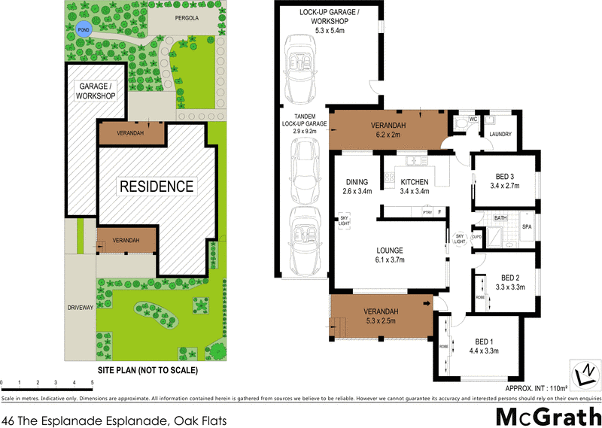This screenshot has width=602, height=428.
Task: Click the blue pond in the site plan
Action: point(82,30)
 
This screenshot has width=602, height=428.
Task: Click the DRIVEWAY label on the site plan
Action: point(80,308)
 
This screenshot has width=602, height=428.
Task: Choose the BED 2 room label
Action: point(509,277)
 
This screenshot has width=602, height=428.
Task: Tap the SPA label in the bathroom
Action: point(528,226)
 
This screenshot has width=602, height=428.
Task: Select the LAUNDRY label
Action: point(500,135)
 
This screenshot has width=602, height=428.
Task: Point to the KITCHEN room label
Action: point(415,182)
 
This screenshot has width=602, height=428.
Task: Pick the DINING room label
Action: point(357,182)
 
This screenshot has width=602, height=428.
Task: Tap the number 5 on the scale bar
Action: point(92,383)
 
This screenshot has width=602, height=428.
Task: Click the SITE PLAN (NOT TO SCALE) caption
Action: point(148,371)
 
